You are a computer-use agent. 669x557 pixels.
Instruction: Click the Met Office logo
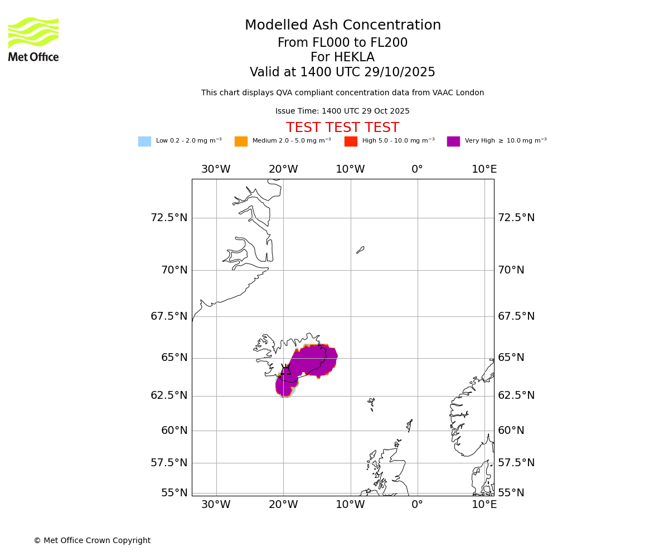[33, 39]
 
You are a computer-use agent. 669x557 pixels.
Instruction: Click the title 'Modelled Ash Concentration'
[342, 26]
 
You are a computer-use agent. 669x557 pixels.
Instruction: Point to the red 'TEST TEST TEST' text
[342, 128]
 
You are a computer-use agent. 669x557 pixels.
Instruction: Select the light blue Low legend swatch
[144, 141]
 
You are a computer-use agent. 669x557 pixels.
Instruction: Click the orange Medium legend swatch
[241, 141]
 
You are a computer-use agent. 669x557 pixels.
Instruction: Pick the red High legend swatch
[351, 141]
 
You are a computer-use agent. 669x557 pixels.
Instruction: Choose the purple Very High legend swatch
[453, 141]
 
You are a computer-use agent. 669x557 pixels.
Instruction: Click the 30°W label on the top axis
[216, 169]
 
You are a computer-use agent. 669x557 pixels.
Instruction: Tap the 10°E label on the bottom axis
[484, 505]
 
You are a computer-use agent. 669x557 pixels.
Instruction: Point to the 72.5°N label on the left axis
[169, 218]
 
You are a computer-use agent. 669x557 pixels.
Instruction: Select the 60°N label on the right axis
[511, 431]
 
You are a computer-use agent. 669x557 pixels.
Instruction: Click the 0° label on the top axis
[417, 169]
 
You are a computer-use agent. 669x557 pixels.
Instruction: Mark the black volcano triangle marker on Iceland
[285, 370]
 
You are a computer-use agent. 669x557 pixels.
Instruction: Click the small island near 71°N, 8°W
[360, 250]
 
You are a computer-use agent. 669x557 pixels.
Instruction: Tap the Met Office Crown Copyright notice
[92, 540]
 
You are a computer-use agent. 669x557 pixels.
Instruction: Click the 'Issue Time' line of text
[342, 111]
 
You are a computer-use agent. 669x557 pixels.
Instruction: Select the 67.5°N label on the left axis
[169, 316]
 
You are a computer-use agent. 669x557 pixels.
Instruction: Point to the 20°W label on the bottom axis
[283, 505]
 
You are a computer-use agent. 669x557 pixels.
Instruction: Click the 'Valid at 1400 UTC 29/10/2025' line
[342, 72]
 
